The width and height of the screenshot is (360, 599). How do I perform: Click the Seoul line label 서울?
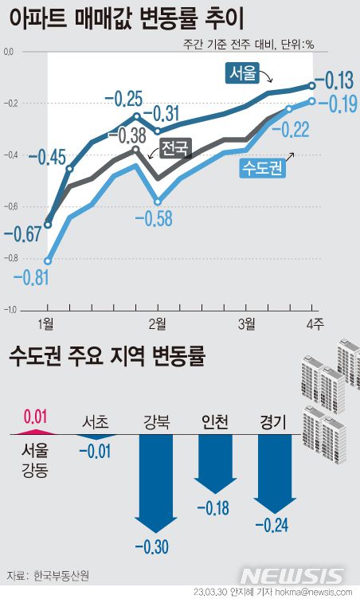[243, 74]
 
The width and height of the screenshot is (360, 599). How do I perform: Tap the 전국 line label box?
[174, 147]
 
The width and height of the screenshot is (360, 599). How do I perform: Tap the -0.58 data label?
[154, 217]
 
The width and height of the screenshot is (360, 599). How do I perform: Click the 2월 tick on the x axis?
[157, 323]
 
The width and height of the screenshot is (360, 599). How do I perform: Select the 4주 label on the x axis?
[314, 323]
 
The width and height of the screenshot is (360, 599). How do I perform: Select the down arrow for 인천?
[213, 466]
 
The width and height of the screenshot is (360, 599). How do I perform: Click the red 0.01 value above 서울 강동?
[37, 415]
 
